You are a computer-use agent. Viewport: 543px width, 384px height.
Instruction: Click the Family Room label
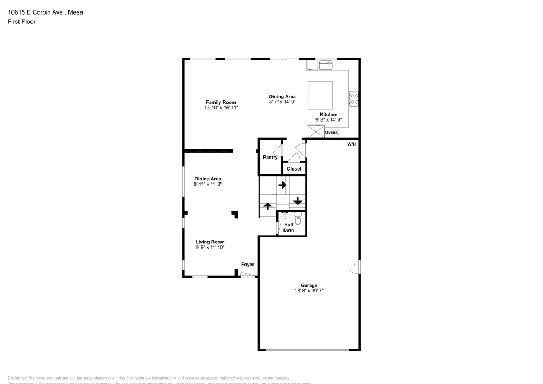[220, 102]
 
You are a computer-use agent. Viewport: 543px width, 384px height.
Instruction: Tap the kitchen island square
[320, 95]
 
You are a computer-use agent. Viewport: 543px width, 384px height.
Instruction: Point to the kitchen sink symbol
[326, 65]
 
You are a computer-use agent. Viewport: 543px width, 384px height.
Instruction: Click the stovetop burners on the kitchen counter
[354, 98]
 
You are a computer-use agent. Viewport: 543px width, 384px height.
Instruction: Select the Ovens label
[331, 133]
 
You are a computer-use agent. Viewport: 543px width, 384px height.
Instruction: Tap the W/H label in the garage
[352, 144]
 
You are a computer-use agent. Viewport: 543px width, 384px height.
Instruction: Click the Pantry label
[270, 158]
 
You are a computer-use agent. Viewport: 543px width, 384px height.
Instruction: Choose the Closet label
[294, 169]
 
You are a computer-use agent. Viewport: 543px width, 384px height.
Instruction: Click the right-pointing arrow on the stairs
[282, 185]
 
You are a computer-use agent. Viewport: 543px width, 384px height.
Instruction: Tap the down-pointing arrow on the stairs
[297, 201]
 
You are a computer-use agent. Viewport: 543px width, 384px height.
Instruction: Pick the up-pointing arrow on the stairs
[267, 206]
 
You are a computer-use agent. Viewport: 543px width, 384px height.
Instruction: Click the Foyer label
[248, 265]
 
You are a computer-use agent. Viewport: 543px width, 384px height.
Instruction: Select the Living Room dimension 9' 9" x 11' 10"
[210, 247]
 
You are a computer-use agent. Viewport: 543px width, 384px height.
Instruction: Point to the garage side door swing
[355, 267]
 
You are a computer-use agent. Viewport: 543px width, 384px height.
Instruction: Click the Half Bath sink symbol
[284, 215]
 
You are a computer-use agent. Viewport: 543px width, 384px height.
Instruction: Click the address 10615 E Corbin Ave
[34, 11]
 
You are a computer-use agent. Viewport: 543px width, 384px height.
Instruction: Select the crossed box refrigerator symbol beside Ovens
[315, 132]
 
